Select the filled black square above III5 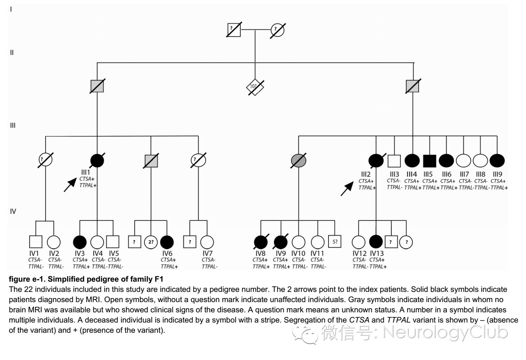pos(430,160)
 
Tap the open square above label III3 pos(394,160)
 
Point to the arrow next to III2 pos(347,188)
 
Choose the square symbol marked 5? pos(335,242)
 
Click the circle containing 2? pos(151,242)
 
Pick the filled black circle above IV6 pos(167,242)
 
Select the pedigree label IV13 pos(377,253)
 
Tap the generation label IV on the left pos(13,212)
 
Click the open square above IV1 pos(36,242)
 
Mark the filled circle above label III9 pos(497,160)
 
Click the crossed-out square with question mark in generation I pos(234,30)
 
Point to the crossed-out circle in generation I pos(277,30)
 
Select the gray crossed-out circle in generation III pos(299,160)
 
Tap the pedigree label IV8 pos(260,253)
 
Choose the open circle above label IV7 pos(207,242)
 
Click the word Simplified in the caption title pos(64,279)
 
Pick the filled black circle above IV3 pos(80,242)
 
